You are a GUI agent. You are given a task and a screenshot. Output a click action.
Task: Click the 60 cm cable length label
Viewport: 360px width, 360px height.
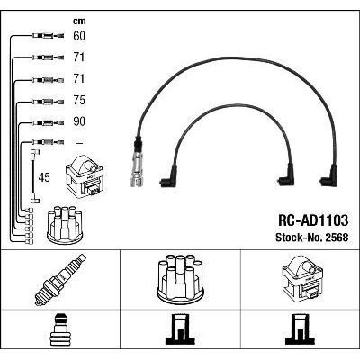point(79,36)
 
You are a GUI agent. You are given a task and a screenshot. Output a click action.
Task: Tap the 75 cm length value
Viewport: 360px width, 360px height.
point(79,100)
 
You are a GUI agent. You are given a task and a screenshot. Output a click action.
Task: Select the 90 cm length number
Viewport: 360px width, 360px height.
point(79,121)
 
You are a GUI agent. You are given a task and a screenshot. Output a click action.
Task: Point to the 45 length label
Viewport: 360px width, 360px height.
point(44,177)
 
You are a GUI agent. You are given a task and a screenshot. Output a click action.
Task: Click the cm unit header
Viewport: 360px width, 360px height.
point(79,21)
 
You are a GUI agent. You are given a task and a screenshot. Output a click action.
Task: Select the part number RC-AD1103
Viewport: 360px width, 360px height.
point(313,220)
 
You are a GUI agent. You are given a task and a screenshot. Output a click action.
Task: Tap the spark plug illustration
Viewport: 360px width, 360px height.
point(60,280)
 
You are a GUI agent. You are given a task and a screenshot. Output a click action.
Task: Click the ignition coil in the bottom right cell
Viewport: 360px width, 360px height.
point(302,279)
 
